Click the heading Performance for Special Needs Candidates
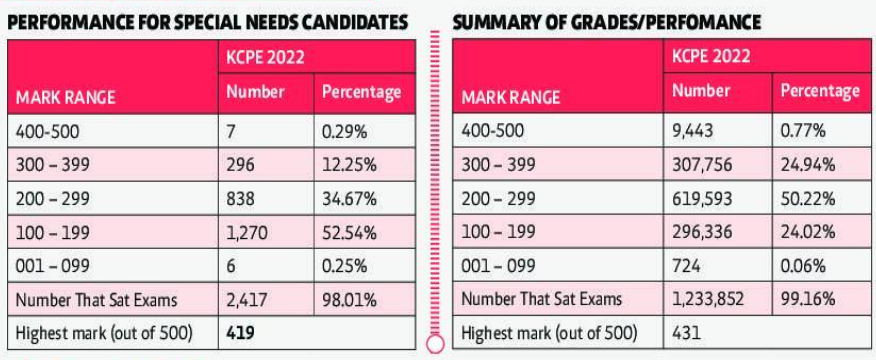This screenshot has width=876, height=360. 207,21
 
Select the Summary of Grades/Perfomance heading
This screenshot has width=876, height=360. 607,21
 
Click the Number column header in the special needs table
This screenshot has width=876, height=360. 256,92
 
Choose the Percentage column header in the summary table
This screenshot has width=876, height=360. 819,91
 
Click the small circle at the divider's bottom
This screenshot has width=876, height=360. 434,345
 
